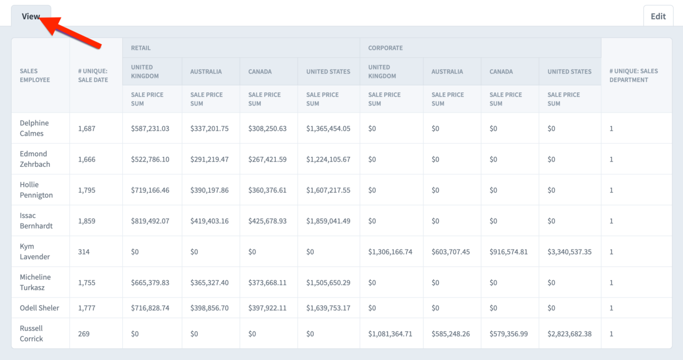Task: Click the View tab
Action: tap(30, 16)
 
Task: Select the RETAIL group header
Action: tap(141, 48)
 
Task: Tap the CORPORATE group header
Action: tap(385, 48)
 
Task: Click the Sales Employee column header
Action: tap(35, 75)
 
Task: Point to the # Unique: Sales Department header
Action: tap(633, 75)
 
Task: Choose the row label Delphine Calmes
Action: tap(34, 128)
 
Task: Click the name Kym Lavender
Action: tap(35, 251)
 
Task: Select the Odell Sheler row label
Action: tap(39, 308)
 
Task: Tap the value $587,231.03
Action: tap(150, 129)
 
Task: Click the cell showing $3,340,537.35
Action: tap(569, 252)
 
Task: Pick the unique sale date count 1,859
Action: tap(86, 221)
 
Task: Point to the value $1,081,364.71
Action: tap(390, 334)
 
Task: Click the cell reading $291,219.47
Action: tap(209, 159)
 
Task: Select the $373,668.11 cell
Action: tap(267, 283)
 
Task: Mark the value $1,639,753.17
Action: tap(328, 308)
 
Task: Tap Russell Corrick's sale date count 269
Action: tap(84, 334)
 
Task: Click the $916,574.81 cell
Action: tap(509, 252)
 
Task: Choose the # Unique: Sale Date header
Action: tap(93, 75)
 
